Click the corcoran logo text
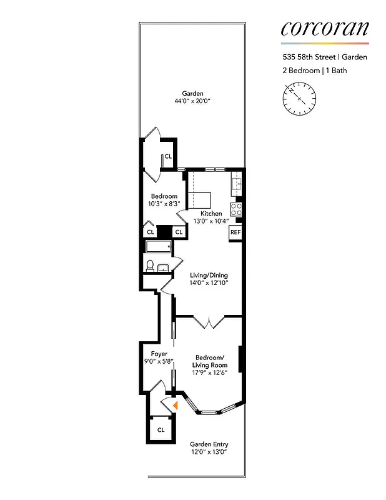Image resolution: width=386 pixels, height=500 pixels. coord(324,28)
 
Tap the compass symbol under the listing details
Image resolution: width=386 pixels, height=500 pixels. coord(299,99)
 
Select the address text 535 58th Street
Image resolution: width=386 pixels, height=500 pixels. coord(305,57)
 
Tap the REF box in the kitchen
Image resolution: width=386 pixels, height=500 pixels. coord(235,232)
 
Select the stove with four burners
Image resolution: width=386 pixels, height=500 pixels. coord(237,208)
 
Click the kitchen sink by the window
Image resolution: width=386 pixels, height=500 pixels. coord(237,184)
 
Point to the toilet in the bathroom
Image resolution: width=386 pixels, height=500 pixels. coord(150,266)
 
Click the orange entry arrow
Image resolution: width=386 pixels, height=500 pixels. coord(176,406)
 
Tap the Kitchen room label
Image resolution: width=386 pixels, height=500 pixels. coord(211,214)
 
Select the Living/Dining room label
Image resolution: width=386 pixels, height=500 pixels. coord(209,275)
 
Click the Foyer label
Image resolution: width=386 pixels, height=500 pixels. coord(159,354)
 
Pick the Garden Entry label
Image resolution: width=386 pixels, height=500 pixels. coord(209,444)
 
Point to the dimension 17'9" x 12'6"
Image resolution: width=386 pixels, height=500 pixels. coord(209,373)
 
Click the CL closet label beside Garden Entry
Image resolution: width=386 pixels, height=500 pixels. coord(161,430)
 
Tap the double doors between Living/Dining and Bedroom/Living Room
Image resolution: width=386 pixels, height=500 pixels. coord(207,322)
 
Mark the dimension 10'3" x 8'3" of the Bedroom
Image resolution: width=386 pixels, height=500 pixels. coord(164,204)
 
